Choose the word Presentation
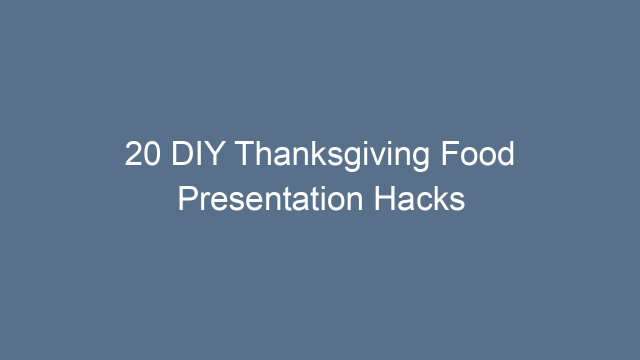270,199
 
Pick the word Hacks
419,199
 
